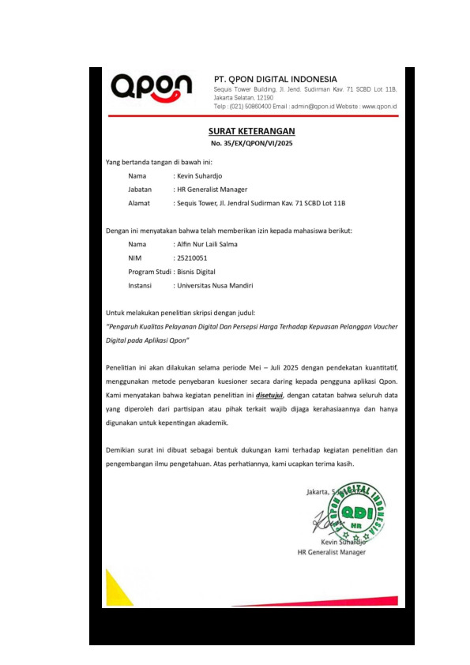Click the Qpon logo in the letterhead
[151, 87]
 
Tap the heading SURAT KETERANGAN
[251, 131]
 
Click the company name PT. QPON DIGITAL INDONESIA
[276, 79]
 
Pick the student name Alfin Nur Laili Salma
[206, 244]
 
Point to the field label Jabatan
[140, 190]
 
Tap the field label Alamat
[139, 203]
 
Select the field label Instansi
[140, 285]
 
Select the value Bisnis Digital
[196, 271]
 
